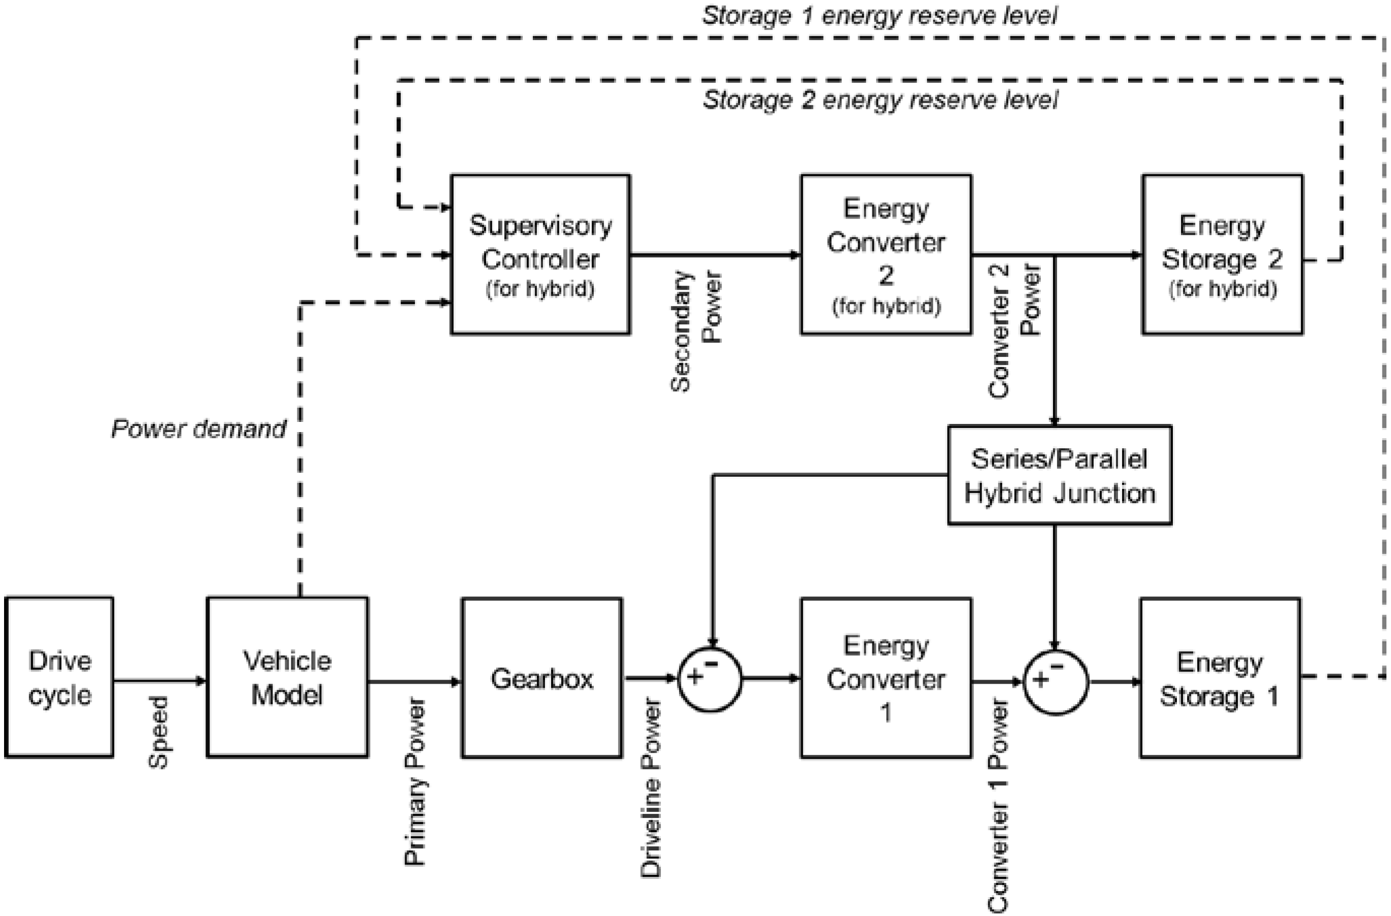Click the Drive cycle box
click(59, 678)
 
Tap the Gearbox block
click(542, 678)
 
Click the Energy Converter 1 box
click(886, 678)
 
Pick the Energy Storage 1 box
click(1220, 678)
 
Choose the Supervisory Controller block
click(540, 255)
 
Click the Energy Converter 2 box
click(886, 255)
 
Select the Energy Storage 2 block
click(1222, 255)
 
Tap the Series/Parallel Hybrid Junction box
click(1059, 475)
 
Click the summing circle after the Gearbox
click(710, 680)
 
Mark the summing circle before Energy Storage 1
click(1055, 682)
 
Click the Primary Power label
click(415, 783)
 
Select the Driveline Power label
click(650, 788)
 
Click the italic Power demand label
click(199, 430)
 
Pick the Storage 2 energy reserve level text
click(880, 101)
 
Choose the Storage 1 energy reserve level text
click(880, 16)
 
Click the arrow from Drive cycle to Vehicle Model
click(160, 681)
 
